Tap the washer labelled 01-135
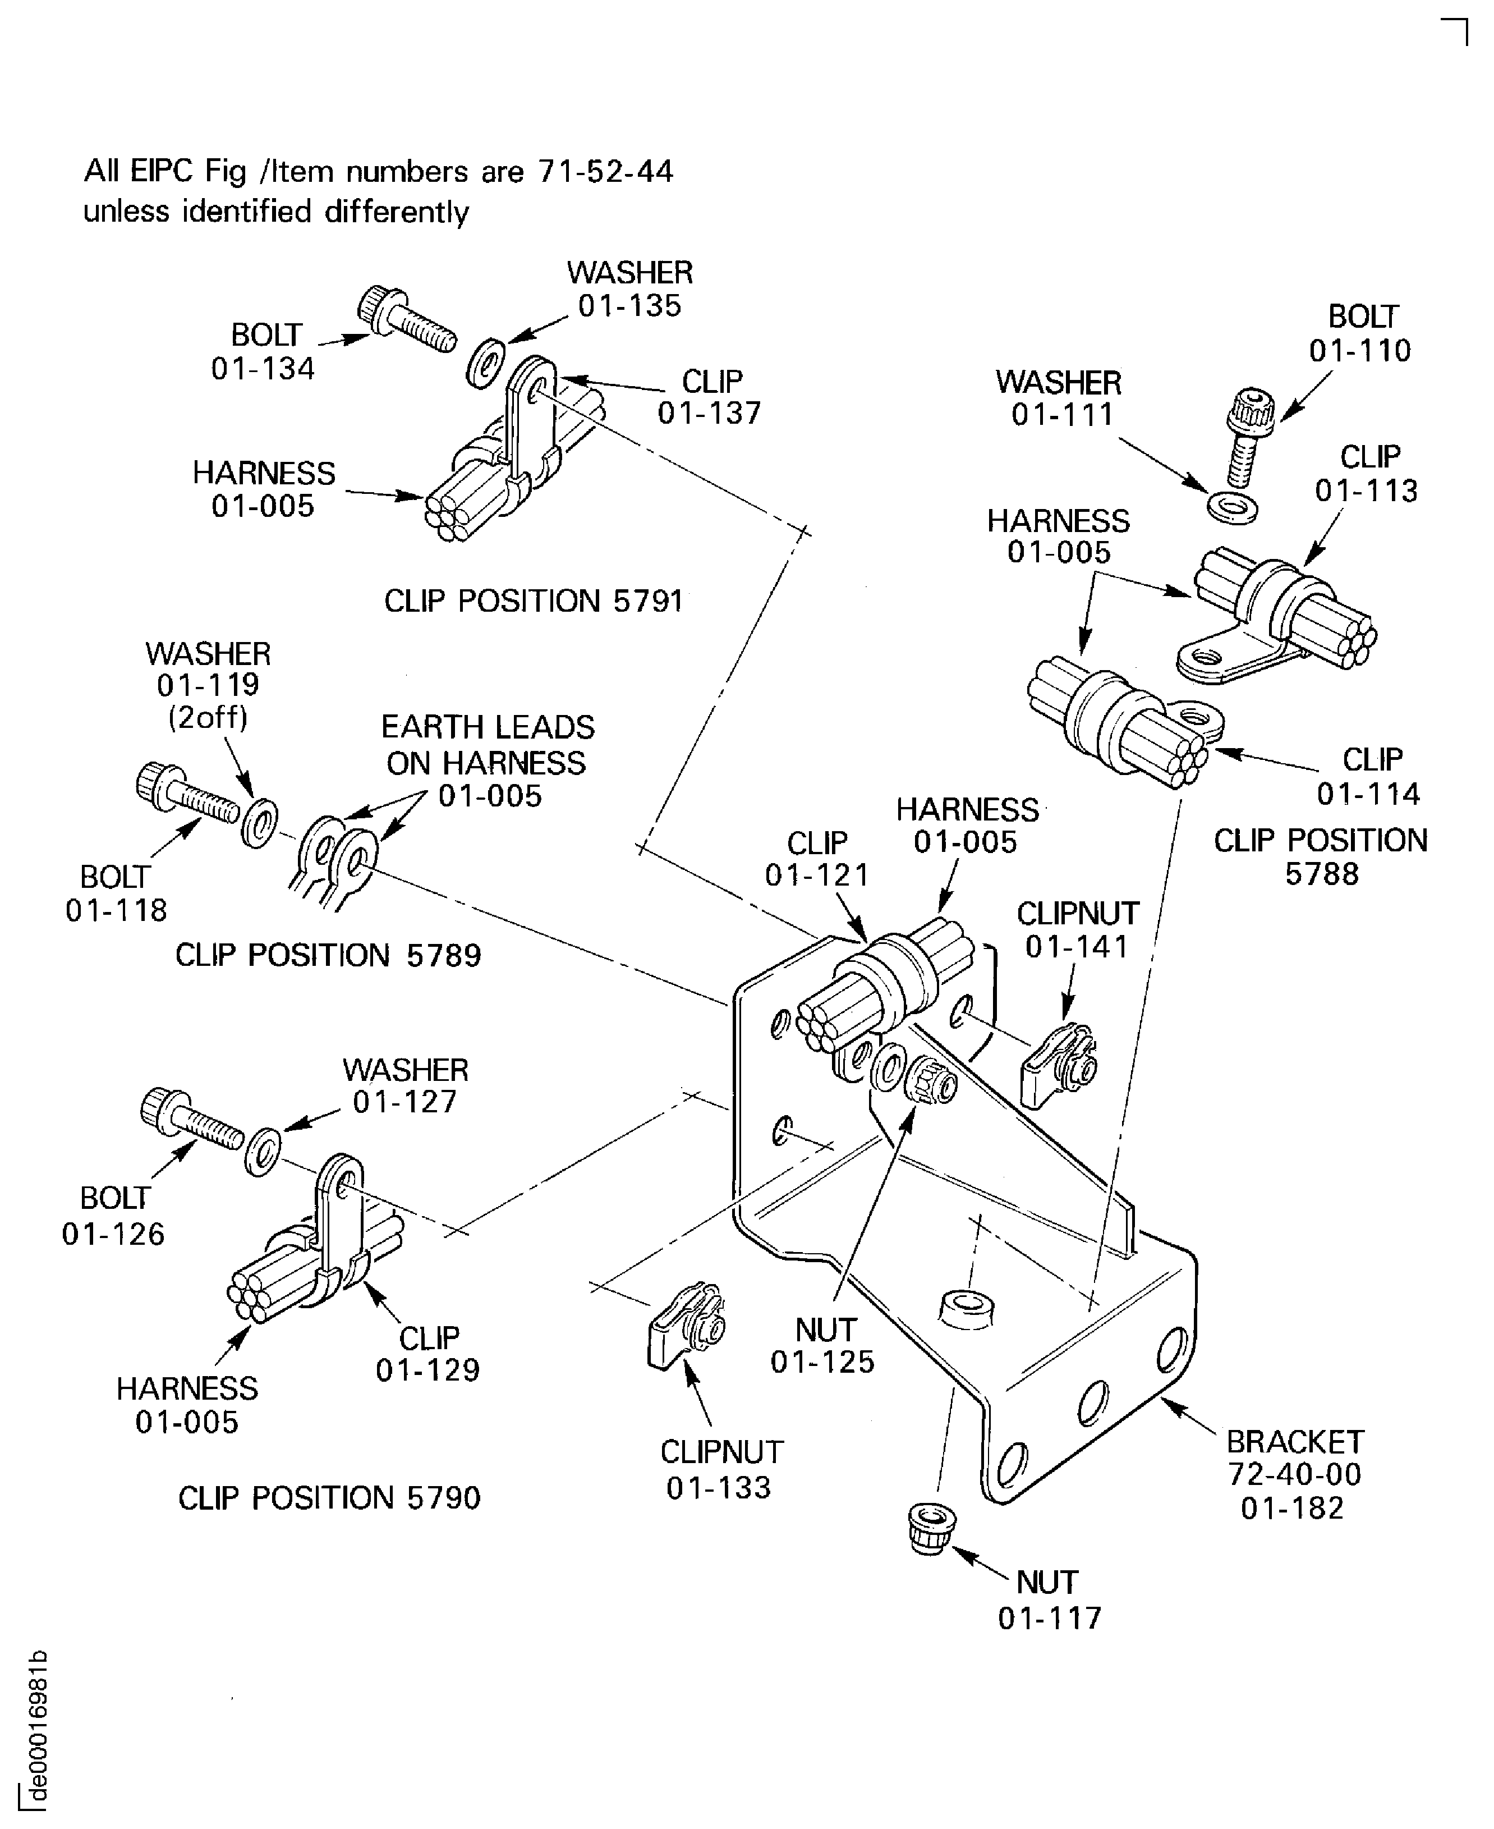(486, 363)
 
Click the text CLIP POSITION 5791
(533, 601)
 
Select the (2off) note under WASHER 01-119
(208, 717)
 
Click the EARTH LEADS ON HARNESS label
(487, 761)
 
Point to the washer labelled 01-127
(261, 1150)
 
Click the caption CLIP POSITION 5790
(329, 1498)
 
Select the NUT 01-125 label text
(822, 1345)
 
